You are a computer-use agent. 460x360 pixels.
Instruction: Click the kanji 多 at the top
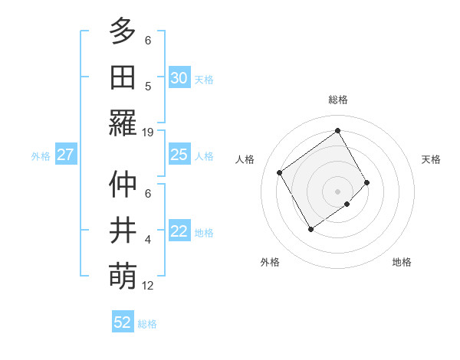coord(123,32)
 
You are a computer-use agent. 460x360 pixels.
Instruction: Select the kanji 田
coord(123,77)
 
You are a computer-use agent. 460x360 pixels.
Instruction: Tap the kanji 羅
coord(123,123)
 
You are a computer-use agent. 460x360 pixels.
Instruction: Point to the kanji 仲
coord(123,185)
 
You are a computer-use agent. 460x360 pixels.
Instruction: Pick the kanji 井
coord(123,231)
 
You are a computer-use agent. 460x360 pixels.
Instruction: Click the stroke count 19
coord(148,133)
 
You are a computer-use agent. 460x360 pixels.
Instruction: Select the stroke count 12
coord(148,286)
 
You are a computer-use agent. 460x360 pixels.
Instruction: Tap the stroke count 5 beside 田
coord(148,87)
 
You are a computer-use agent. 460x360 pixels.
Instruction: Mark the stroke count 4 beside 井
coord(148,241)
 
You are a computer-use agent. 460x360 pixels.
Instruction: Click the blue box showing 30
coord(179,78)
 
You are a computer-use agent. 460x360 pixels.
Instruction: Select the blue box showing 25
coord(179,155)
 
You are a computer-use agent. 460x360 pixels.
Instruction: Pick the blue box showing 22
coord(179,232)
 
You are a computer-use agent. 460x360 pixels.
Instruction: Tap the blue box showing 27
coord(65,155)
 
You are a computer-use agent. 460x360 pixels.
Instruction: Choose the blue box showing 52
coord(123,322)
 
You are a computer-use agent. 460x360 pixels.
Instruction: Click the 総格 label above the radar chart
coord(337,100)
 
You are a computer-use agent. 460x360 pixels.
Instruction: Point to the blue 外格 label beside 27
coord(41,156)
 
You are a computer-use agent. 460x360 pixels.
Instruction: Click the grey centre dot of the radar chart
coord(337,190)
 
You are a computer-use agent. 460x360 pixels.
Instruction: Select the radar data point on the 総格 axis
coord(337,130)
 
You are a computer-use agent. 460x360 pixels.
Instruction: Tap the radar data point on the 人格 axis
coord(280,172)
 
